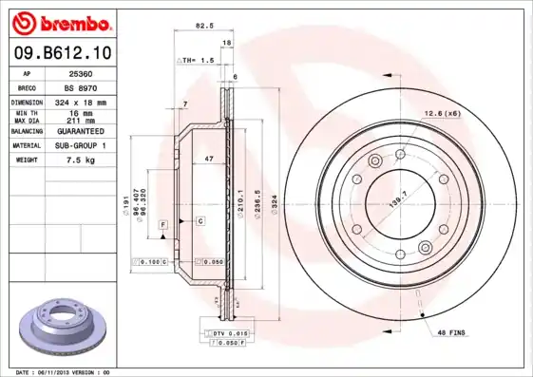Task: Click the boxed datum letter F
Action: [x=163, y=222]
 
